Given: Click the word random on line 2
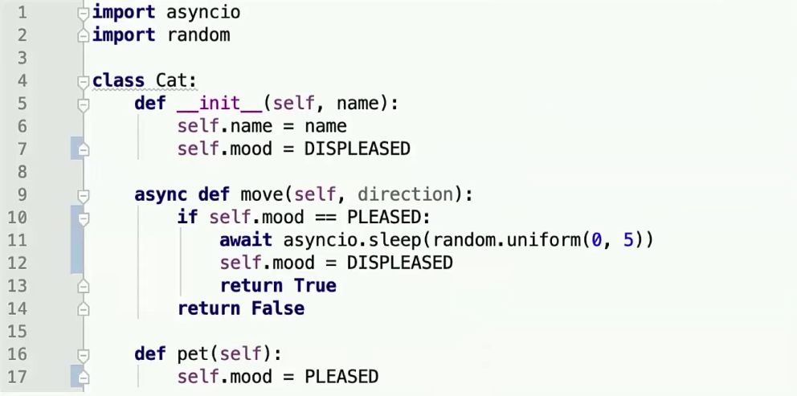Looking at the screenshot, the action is point(198,35).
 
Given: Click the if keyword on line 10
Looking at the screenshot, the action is point(187,217).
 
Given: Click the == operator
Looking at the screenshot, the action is point(325,217).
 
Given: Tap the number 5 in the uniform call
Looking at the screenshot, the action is point(628,240).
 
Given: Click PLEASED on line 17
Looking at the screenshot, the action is point(341,377).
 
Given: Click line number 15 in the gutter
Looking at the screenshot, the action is point(17,331).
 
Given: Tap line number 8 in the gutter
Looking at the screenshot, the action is point(22,171).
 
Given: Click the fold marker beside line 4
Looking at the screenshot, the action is point(82,81).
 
